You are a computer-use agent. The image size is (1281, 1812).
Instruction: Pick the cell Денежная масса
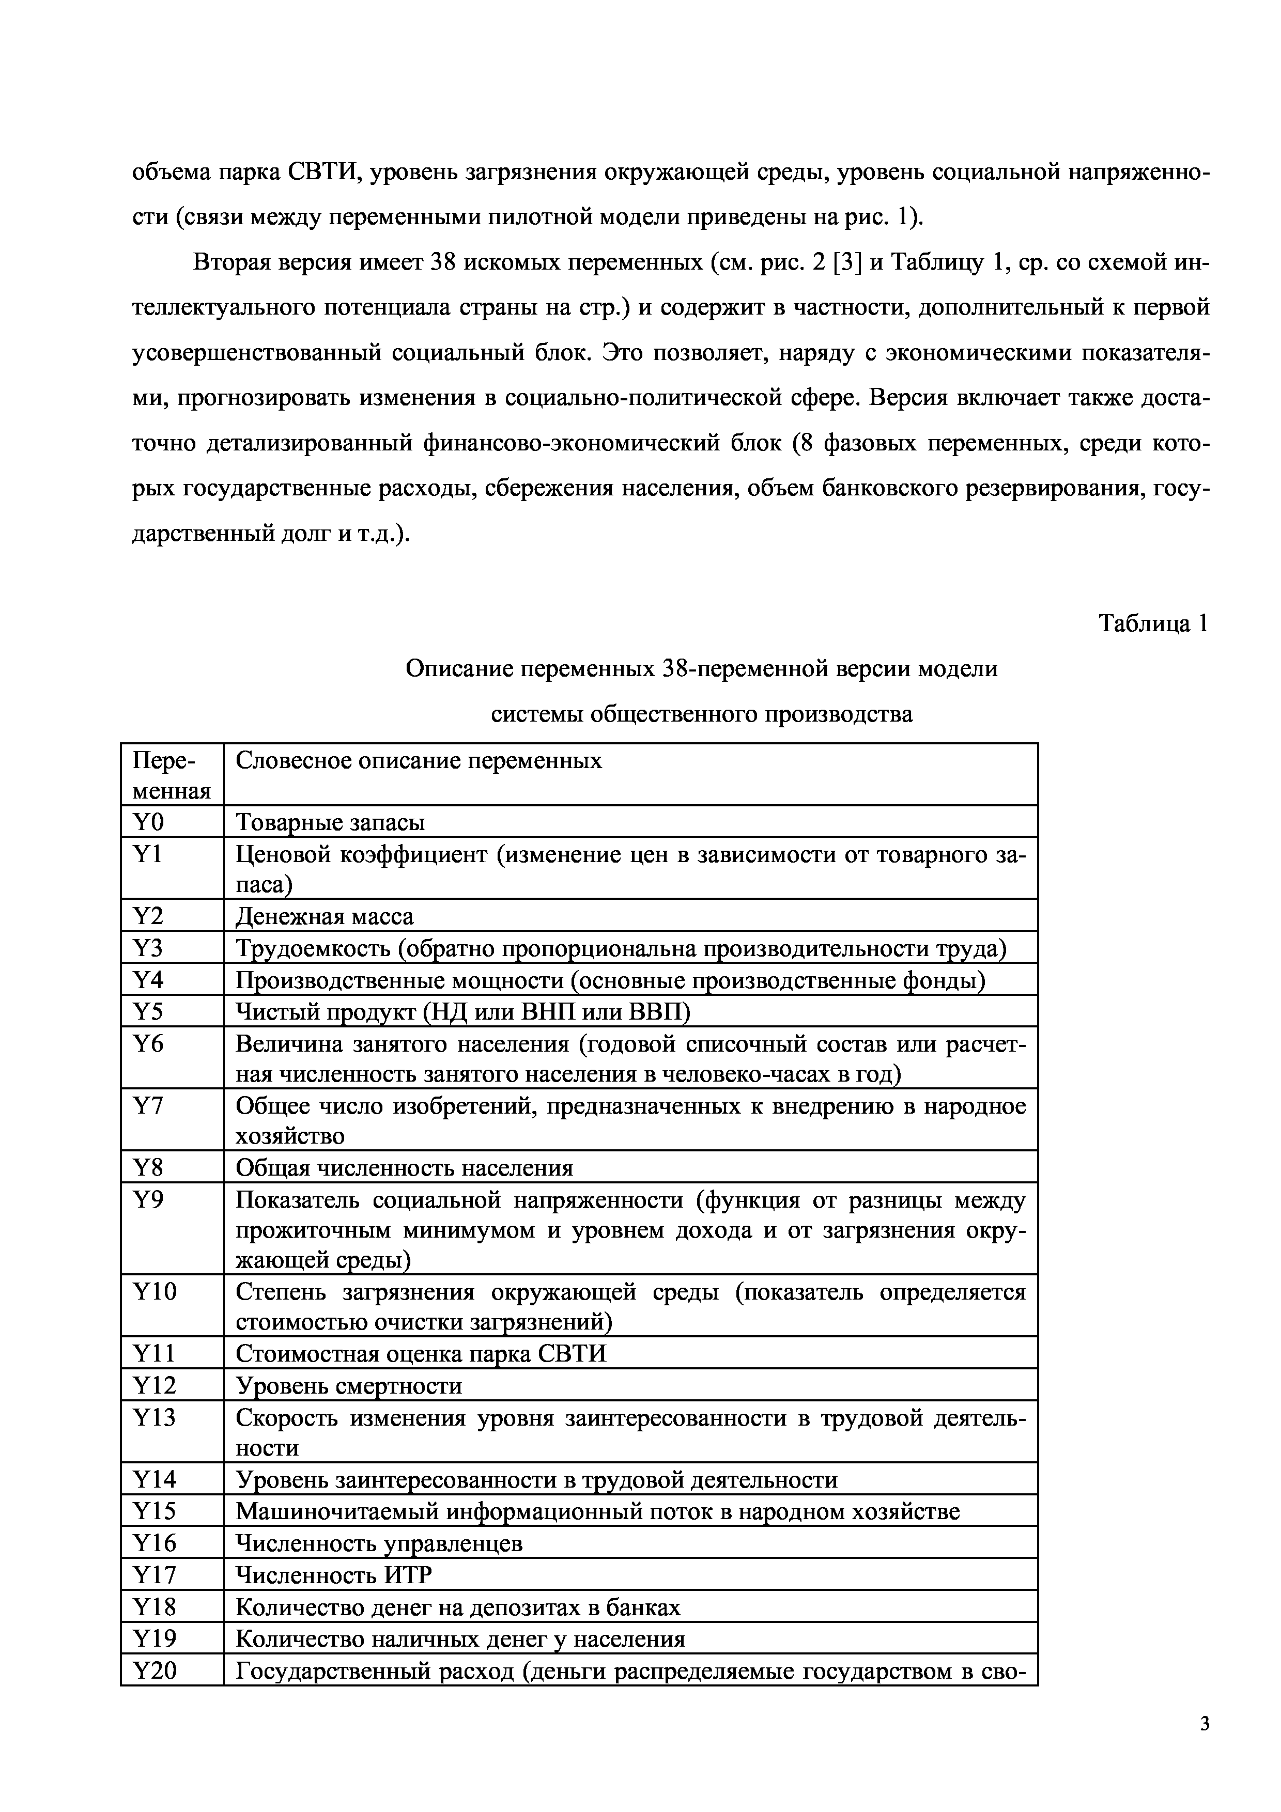tap(325, 916)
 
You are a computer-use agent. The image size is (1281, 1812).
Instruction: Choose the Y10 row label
tap(155, 1292)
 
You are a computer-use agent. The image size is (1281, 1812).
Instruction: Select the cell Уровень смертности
tap(349, 1386)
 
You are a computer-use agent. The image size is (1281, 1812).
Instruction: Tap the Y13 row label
tap(155, 1418)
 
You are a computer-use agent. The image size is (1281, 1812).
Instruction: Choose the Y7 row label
tap(148, 1106)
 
